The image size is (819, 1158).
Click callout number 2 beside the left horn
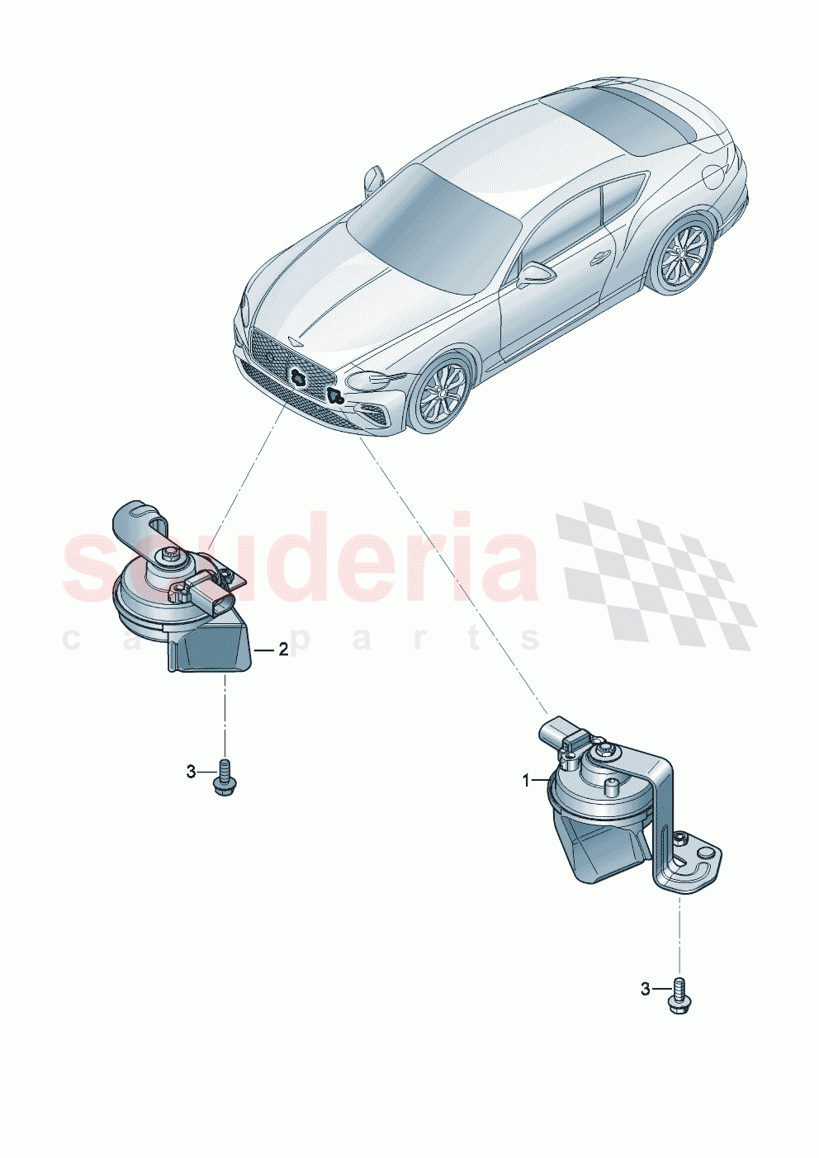283,650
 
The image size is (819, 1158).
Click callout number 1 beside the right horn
526,780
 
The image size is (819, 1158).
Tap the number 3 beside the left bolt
191,772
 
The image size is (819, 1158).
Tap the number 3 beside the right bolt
646,989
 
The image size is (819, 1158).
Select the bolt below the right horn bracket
679,996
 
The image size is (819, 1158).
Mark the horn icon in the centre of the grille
299,376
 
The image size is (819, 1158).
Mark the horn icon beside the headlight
334,395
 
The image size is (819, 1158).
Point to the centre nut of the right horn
608,750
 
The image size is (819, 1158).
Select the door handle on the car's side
599,258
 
